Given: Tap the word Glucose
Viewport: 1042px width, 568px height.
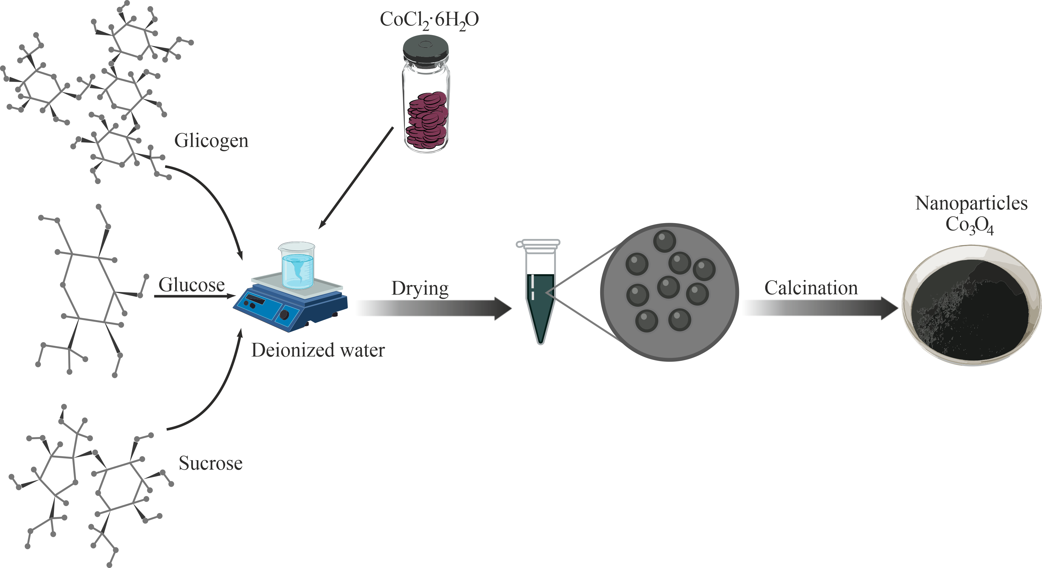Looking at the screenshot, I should click(x=191, y=285).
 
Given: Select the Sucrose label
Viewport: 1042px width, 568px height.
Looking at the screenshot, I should click(x=210, y=463).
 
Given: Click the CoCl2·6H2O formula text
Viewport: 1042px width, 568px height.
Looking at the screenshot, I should click(x=429, y=20).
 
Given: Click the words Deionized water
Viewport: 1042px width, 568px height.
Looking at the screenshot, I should click(x=318, y=350).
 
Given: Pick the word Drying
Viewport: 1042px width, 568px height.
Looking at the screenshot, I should click(x=420, y=288).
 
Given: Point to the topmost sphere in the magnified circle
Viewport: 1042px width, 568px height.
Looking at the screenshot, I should click(x=664, y=241).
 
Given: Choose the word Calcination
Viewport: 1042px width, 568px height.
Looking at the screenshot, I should click(x=811, y=288).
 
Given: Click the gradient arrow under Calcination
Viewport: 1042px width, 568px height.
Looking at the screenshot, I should click(x=821, y=308).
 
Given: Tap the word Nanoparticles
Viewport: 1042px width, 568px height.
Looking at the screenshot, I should click(x=971, y=203).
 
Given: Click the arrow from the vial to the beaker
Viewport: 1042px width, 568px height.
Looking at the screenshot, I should click(x=356, y=178).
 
